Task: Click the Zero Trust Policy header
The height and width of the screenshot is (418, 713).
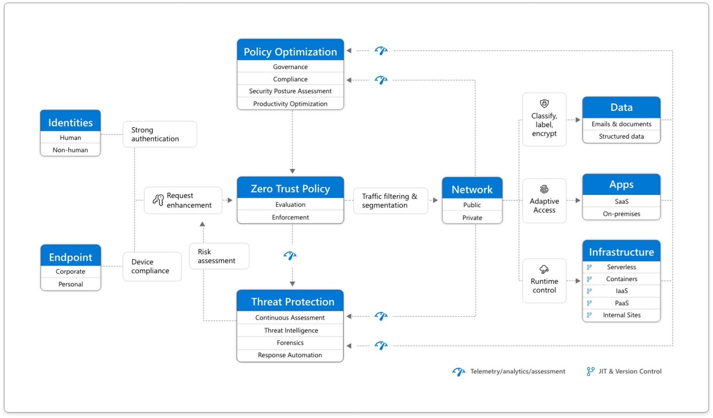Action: point(290,188)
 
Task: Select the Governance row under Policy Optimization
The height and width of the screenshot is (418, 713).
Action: point(290,67)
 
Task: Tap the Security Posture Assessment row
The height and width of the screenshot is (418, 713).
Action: point(290,91)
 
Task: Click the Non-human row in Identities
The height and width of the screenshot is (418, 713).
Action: point(70,150)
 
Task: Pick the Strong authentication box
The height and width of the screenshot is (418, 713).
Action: point(159,135)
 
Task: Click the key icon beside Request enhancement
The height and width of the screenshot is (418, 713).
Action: point(158,200)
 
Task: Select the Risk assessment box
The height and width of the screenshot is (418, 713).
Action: point(219,256)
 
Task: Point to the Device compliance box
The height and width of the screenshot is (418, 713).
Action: point(152,266)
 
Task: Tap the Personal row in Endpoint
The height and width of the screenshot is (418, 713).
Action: point(71,284)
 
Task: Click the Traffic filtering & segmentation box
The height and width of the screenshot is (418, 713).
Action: point(390,201)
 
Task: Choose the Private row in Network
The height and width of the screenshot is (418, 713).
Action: point(472,218)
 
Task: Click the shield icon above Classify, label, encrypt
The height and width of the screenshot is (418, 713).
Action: point(544,103)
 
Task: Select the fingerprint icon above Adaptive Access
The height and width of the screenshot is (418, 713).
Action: point(544,189)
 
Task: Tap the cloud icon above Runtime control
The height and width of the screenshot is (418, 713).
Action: point(544,269)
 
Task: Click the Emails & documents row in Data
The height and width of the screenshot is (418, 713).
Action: point(621,124)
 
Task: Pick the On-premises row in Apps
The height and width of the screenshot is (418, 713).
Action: point(621,214)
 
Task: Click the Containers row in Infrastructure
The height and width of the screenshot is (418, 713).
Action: point(621,279)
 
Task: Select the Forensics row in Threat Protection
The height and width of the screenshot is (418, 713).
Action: point(290,343)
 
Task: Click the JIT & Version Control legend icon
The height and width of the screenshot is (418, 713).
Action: point(590,371)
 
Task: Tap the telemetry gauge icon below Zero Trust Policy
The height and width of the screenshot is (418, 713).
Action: point(290,256)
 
